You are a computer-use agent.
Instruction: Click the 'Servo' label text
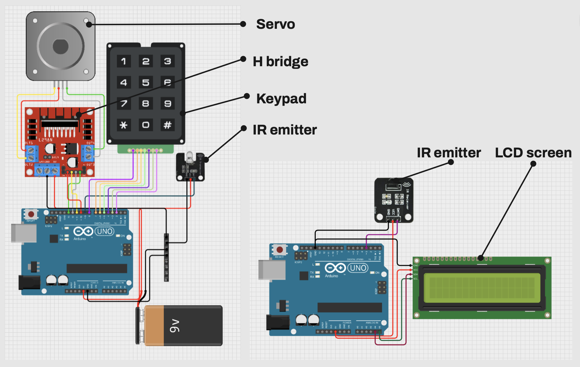275,24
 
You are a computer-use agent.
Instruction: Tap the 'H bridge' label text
280,61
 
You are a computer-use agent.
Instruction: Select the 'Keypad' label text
281,99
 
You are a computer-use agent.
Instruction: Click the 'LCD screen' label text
533,153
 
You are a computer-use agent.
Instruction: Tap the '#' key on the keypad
167,125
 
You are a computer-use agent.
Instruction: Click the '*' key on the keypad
123,125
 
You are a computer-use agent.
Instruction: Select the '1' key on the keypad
123,61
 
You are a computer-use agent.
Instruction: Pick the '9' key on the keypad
167,104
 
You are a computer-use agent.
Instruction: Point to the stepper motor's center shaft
61,46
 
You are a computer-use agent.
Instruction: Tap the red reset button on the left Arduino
31,214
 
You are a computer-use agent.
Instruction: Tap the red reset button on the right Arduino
279,250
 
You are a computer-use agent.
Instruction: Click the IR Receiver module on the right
394,200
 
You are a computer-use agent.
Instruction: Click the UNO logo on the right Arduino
358,268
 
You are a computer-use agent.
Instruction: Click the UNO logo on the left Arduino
104,231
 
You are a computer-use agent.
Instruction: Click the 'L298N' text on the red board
45,140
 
